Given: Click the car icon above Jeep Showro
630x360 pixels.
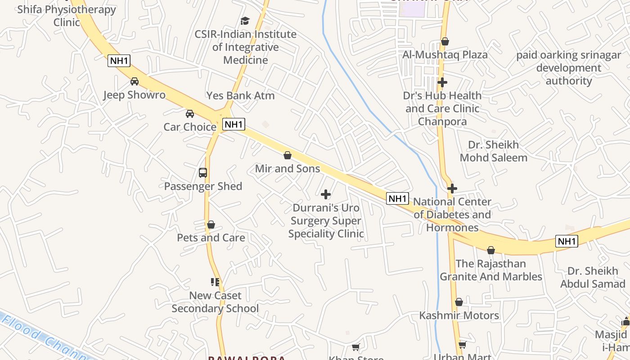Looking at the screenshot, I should pos(135,81).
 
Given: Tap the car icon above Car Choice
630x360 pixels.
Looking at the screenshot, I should pos(190,113).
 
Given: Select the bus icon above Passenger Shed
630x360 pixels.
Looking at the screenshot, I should pos(203,173).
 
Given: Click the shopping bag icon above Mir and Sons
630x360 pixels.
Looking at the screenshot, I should pos(288,156).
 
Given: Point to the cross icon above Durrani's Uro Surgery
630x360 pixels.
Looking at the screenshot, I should pos(326,194).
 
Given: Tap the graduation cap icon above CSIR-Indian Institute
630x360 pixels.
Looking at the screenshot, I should pos(245,21).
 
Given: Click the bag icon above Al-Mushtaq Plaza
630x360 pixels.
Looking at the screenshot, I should pos(445,42).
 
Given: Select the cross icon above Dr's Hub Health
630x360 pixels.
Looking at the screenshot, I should pos(442,82).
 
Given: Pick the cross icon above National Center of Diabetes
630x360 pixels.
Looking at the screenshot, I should pos(452,189).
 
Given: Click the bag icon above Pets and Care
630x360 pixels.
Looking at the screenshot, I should pos(211,225).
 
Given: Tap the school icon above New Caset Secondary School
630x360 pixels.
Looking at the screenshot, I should pos(215,282).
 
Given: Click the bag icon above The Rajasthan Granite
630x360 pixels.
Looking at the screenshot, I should pos(491,250).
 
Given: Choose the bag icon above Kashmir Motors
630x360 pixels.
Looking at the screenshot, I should pos(459,302).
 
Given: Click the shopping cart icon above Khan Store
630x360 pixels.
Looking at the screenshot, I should pos(356,347).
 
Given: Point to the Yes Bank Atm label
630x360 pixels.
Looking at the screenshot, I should pos(240,95).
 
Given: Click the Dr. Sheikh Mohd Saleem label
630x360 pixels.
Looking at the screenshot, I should pos(494,151).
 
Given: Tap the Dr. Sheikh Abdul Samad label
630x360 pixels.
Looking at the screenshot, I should pos(593,277).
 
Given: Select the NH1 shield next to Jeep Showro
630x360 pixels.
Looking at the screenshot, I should pos(119,61).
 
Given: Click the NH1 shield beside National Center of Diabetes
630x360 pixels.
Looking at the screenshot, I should pos(398,198).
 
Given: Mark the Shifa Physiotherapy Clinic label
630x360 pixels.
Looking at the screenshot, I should pos(67,15).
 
